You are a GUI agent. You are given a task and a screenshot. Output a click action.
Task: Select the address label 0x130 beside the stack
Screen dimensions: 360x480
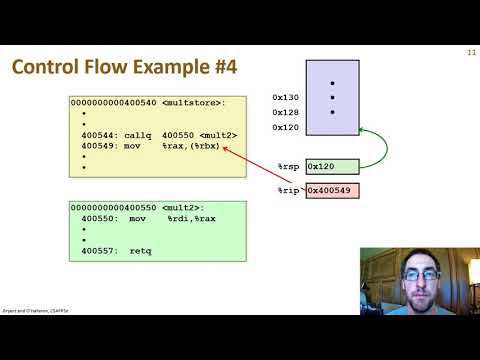coord(285,98)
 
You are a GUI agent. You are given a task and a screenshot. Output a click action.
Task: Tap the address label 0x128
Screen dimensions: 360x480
coord(285,113)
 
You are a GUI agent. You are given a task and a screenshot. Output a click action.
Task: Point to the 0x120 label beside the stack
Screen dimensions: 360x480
coord(285,128)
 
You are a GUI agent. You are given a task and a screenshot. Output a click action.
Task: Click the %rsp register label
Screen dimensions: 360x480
coord(288,167)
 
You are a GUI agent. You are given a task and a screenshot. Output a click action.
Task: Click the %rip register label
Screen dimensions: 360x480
coord(288,190)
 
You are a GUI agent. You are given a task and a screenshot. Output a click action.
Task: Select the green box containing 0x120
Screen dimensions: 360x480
coord(332,167)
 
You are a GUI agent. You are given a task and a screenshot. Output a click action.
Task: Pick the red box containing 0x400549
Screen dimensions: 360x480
coord(332,190)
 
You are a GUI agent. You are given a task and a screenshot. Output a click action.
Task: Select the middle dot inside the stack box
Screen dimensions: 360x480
coord(332,98)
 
